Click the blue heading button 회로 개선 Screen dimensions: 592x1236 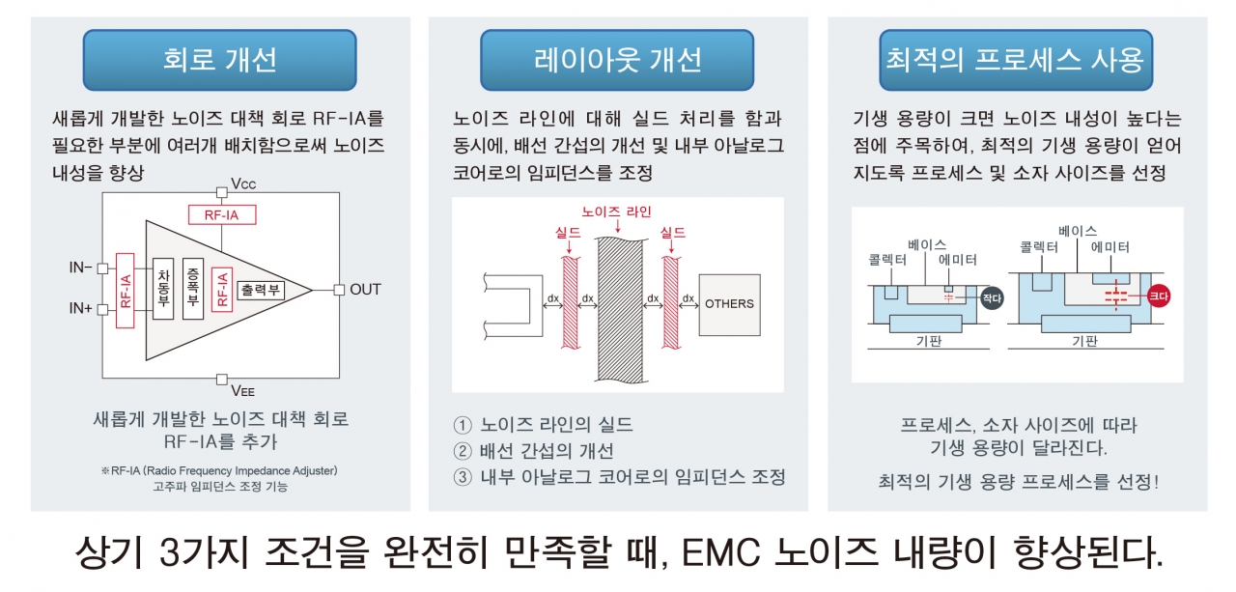tap(219, 60)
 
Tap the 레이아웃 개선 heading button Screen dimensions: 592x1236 tap(617, 60)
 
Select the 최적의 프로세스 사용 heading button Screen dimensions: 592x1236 tap(1015, 60)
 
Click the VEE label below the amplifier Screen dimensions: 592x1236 tap(243, 391)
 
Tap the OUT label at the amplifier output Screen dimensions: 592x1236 tap(365, 289)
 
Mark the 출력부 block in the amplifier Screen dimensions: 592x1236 tap(260, 289)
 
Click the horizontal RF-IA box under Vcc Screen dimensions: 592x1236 tap(221, 215)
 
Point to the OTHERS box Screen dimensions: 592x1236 tap(729, 303)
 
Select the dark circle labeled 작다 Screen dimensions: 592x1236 tap(991, 298)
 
